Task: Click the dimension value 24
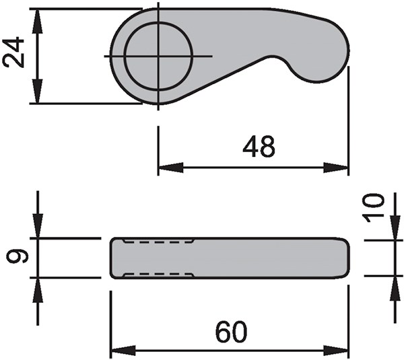tap(15, 52)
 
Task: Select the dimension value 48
tap(259, 147)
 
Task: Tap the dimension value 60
tap(231, 332)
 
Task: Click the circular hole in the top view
tap(159, 56)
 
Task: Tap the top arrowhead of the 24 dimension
tap(38, 18)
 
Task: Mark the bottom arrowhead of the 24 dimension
tap(38, 94)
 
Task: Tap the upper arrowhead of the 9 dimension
tap(38, 228)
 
